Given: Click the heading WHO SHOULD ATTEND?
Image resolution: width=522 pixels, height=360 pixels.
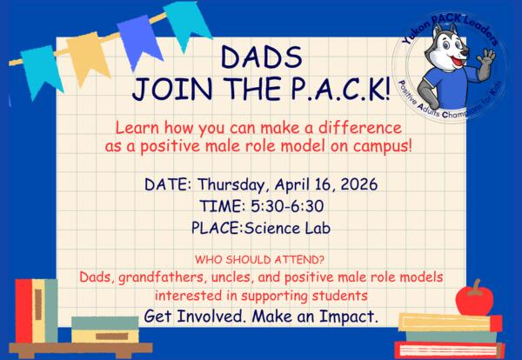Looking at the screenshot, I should point(261,259).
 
